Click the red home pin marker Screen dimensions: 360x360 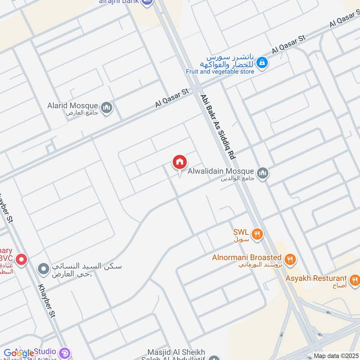point(179,162)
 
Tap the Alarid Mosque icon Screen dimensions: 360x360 point(107,107)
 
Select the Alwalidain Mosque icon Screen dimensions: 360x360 point(263,172)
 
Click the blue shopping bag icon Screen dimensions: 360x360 point(263,63)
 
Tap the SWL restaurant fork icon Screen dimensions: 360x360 point(257,234)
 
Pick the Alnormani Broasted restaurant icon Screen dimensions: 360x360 point(290,259)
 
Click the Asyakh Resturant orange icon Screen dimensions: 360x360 point(355,280)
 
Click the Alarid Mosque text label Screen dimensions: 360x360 point(73,106)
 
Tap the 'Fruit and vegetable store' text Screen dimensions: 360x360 point(220,72)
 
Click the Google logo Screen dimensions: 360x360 point(19,353)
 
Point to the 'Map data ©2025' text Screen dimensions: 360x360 point(336,356)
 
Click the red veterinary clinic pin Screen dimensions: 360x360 point(21,260)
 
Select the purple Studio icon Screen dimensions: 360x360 point(64,352)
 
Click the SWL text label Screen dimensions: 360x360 point(241,233)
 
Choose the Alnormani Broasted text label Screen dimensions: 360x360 point(247,258)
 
